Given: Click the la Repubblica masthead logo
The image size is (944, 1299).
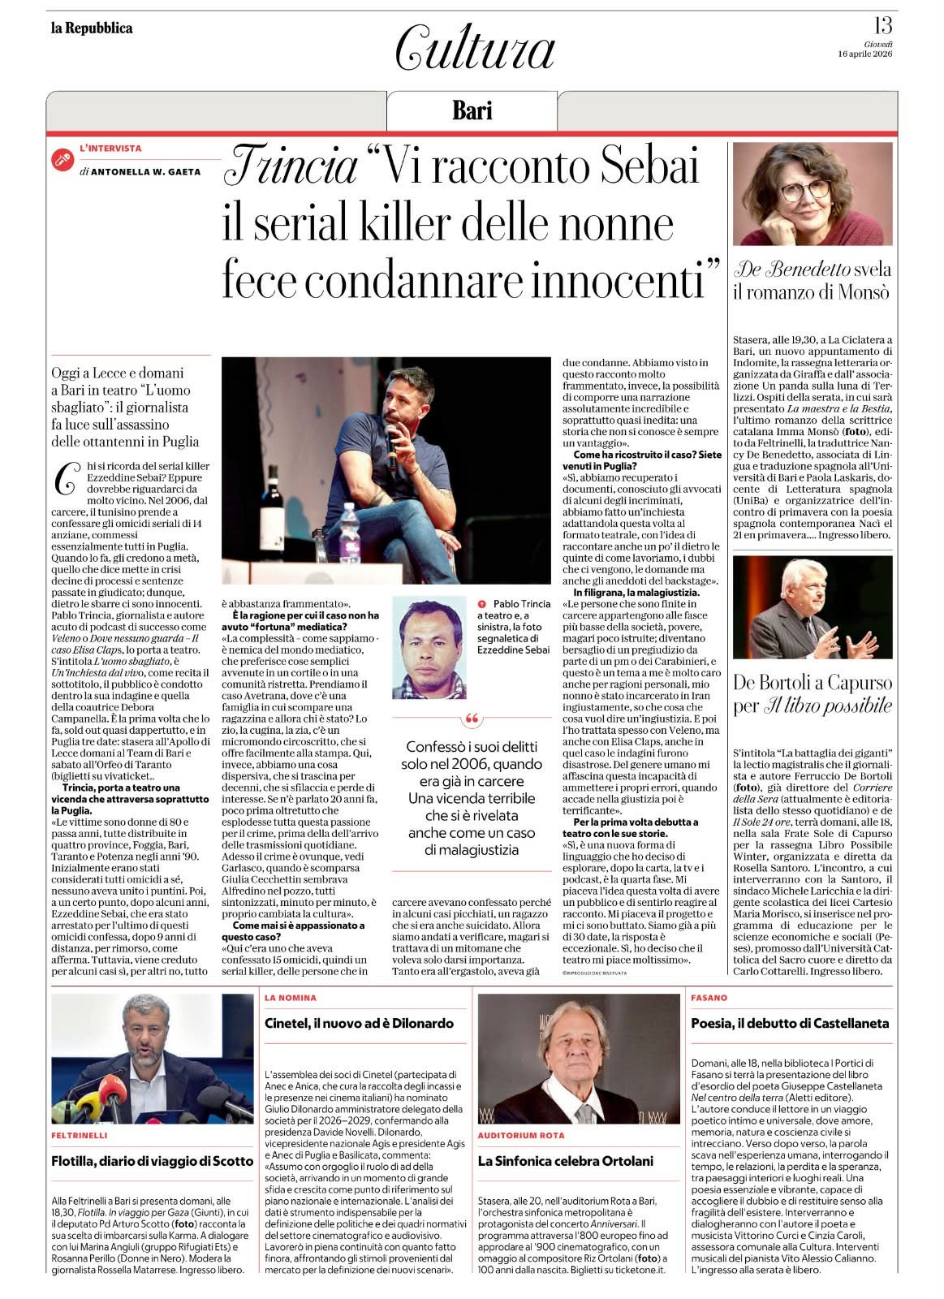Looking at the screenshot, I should point(92,28).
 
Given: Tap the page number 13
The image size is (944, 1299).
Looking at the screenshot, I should point(882,27).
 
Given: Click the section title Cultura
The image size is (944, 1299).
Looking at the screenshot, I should point(475,48).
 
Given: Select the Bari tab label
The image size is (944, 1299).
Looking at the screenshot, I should point(472,110).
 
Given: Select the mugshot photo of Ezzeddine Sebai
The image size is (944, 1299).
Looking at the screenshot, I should point(429,647).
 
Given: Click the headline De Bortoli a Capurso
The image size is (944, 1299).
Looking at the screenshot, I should point(812,682).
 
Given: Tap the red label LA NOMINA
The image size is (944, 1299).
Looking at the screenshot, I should point(290,997).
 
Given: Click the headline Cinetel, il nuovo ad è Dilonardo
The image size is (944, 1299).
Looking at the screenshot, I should point(359,1023).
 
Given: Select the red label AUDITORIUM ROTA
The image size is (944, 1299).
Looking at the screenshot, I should point(521,1135).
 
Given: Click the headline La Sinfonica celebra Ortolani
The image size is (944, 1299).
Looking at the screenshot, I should point(565,1161).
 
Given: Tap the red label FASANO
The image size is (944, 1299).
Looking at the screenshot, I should point(709,997).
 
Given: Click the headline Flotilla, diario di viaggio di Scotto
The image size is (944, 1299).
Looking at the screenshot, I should point(152,1161).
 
